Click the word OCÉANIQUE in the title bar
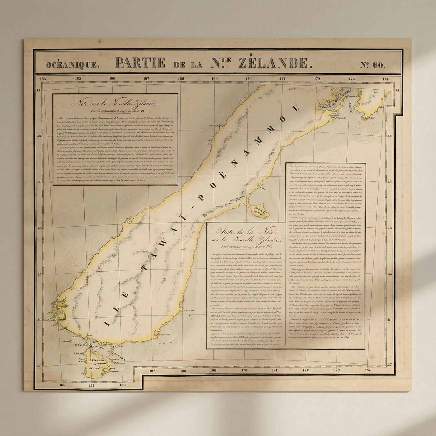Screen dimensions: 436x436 71,65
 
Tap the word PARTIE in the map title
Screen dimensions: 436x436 140,63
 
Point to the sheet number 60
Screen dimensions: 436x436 373,65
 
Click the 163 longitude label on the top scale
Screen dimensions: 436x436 78,79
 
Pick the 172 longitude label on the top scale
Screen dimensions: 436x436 317,79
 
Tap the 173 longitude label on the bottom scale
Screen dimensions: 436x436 337,370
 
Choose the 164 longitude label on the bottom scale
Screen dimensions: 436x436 62,385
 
